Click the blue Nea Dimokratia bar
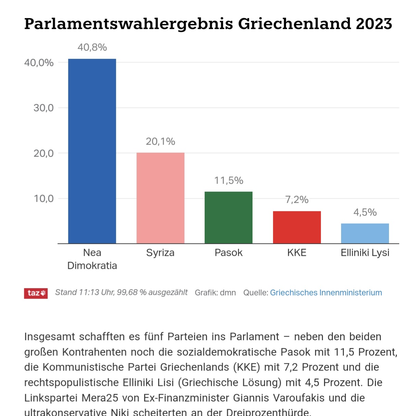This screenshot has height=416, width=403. (92, 151)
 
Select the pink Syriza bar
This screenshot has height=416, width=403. (160, 198)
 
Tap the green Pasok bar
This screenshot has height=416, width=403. (229, 217)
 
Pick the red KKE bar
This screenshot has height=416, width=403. (297, 227)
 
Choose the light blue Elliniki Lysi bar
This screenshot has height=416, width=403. (365, 234)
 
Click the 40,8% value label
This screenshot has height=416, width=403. (92, 47)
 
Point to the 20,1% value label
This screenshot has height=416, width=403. (160, 141)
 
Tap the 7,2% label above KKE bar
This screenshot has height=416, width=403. (297, 200)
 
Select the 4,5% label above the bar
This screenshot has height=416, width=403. (365, 212)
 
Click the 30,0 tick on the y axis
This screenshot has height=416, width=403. (43, 108)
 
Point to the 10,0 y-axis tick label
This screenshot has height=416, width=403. (43, 199)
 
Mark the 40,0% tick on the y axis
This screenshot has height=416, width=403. (39, 63)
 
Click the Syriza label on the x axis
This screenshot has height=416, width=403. (160, 253)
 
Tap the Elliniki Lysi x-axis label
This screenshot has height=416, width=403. (365, 253)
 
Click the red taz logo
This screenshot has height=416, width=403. (36, 293)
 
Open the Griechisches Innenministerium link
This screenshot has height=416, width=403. (326, 293)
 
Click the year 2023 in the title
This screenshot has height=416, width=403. (374, 24)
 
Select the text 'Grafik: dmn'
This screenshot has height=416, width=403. (215, 293)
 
